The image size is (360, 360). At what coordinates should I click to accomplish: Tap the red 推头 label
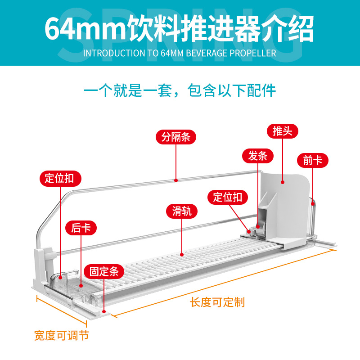tap(283, 131)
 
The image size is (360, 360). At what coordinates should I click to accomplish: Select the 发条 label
tap(258, 156)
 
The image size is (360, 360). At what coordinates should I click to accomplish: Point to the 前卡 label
tap(313, 160)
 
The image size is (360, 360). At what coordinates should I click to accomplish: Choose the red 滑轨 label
tap(182, 211)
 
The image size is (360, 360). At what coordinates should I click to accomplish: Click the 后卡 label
tap(81, 228)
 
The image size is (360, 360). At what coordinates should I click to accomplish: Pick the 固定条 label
tap(104, 271)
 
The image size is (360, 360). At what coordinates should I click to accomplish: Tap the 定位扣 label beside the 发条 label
tap(228, 197)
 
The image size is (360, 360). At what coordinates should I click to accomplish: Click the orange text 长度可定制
tap(218, 302)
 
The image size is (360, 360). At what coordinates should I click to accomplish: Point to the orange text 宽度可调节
tap(62, 336)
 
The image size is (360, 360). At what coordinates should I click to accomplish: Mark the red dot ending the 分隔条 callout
tap(175, 180)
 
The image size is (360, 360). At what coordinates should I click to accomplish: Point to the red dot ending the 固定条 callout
tap(104, 310)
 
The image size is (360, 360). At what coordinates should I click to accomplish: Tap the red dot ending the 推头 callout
tap(283, 182)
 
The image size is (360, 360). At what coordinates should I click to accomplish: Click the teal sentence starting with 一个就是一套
tap(180, 90)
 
